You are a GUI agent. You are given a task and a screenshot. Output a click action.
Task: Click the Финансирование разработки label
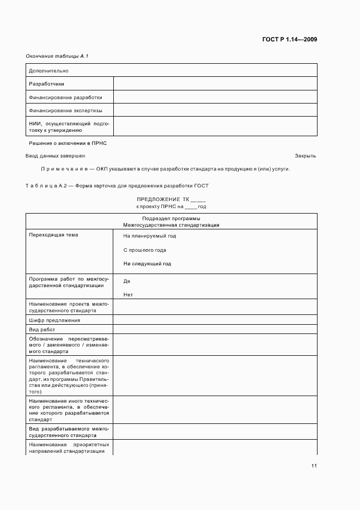pos(65,98)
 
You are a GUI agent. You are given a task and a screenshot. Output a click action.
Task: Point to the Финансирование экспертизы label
pos(65,111)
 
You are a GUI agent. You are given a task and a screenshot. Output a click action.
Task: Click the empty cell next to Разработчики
pos(215,84)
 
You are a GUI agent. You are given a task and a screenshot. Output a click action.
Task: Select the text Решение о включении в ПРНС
pos(68,142)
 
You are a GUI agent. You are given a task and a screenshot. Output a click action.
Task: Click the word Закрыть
pos(306,155)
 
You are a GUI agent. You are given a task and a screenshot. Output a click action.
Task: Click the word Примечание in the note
pos(61,168)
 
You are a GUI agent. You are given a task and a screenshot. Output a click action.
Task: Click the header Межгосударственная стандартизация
pos(171,224)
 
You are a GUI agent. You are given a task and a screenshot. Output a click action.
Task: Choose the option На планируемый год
pos(150,236)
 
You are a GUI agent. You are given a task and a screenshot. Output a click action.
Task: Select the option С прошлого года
pos(145,250)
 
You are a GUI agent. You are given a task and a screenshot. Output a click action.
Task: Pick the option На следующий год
pos(147,264)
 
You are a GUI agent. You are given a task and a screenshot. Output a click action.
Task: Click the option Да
pos(127,281)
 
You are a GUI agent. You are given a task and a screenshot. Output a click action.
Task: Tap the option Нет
pos(129,295)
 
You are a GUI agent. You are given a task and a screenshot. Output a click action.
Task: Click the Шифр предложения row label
pos(54,320)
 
